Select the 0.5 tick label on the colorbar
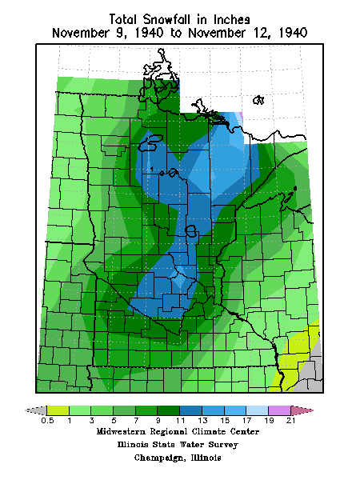(46, 420)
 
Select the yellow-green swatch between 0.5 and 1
(58, 410)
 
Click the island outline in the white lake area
(258, 100)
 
